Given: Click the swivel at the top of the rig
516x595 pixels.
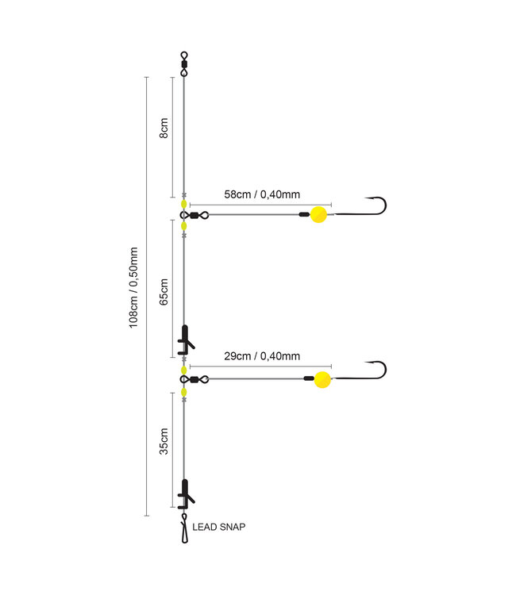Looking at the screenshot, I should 184,62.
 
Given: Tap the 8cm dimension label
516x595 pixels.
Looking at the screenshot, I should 164,129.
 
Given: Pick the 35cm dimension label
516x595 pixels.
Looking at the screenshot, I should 164,440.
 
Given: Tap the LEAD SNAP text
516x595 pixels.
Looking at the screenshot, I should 219,527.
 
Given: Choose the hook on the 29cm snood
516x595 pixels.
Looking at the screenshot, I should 375,370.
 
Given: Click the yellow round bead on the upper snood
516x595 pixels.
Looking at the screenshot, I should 318,214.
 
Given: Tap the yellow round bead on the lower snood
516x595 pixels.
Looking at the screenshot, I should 321,379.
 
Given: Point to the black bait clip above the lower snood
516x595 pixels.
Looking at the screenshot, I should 185,339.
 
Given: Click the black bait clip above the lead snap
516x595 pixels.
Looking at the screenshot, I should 185,493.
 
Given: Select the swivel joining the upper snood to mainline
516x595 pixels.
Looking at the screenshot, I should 197,214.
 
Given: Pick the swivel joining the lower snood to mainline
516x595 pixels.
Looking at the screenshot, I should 197,379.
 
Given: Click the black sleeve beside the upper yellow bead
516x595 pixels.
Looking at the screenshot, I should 303,214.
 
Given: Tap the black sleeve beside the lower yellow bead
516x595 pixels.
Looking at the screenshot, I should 308,379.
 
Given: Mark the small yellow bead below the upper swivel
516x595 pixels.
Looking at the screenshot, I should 184,226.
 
